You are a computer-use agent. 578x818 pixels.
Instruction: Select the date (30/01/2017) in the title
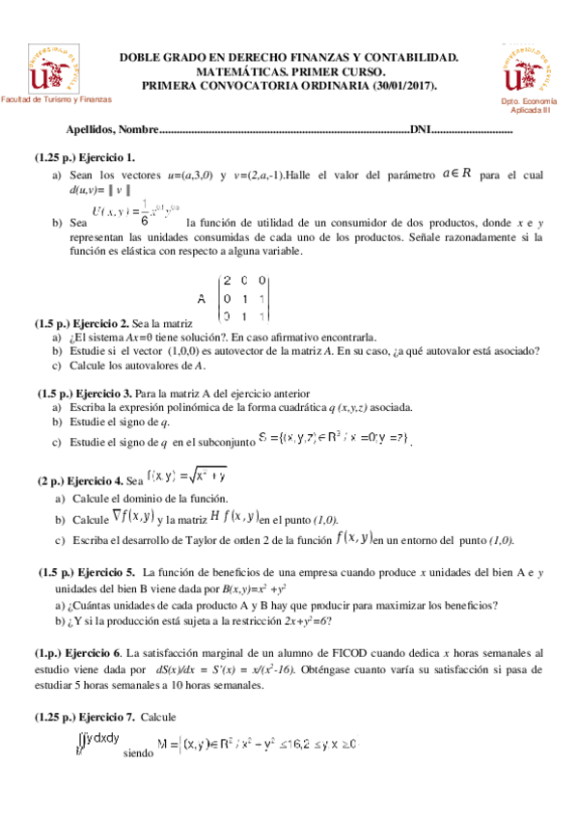(x=404, y=86)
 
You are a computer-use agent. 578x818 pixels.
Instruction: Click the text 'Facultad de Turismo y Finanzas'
(x=57, y=99)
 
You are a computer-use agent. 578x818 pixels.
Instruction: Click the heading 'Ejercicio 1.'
(x=106, y=157)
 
